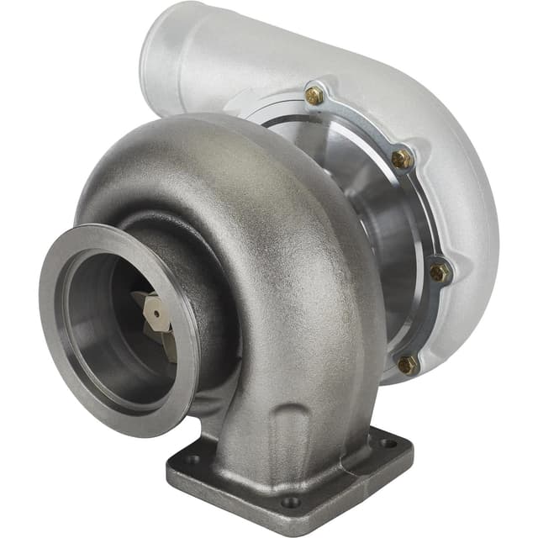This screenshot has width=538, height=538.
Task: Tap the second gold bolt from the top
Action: (402, 158)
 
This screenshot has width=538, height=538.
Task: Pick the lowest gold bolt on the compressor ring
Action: (407, 363)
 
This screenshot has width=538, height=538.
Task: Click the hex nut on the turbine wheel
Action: (153, 313)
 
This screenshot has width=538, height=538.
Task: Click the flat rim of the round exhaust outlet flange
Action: (59, 336)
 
